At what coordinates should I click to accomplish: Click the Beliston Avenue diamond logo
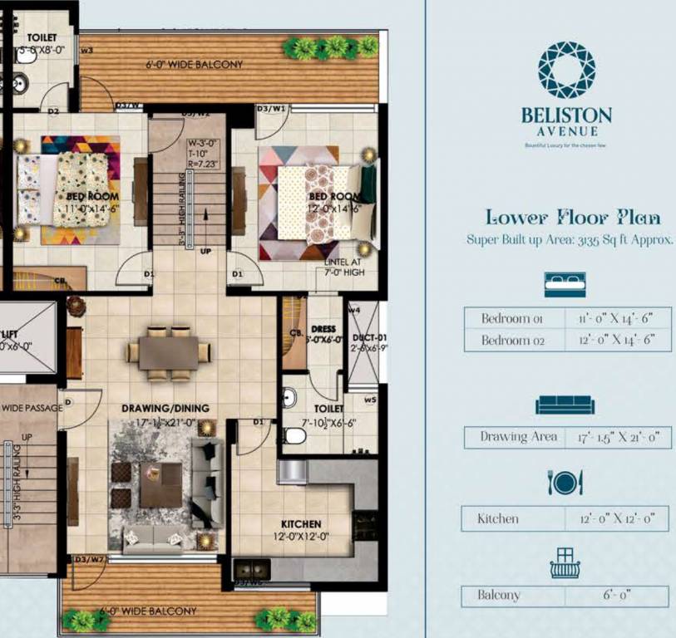pyautogui.click(x=567, y=70)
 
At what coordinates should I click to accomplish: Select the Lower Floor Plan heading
pyautogui.click(x=573, y=218)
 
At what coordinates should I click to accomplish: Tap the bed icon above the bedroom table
pyautogui.click(x=565, y=283)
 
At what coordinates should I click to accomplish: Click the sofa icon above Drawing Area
pyautogui.click(x=565, y=405)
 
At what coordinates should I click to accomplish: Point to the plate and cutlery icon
pyautogui.click(x=565, y=482)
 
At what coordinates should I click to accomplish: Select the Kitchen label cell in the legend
pyautogui.click(x=498, y=518)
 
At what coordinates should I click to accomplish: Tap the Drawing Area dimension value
pyautogui.click(x=611, y=437)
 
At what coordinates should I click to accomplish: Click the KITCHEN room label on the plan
pyautogui.click(x=300, y=524)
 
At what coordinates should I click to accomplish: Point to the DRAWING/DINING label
pyautogui.click(x=165, y=408)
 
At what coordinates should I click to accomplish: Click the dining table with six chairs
pyautogui.click(x=169, y=352)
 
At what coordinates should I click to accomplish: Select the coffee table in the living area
pyautogui.click(x=161, y=484)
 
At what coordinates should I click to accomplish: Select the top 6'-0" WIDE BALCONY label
pyautogui.click(x=194, y=65)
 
